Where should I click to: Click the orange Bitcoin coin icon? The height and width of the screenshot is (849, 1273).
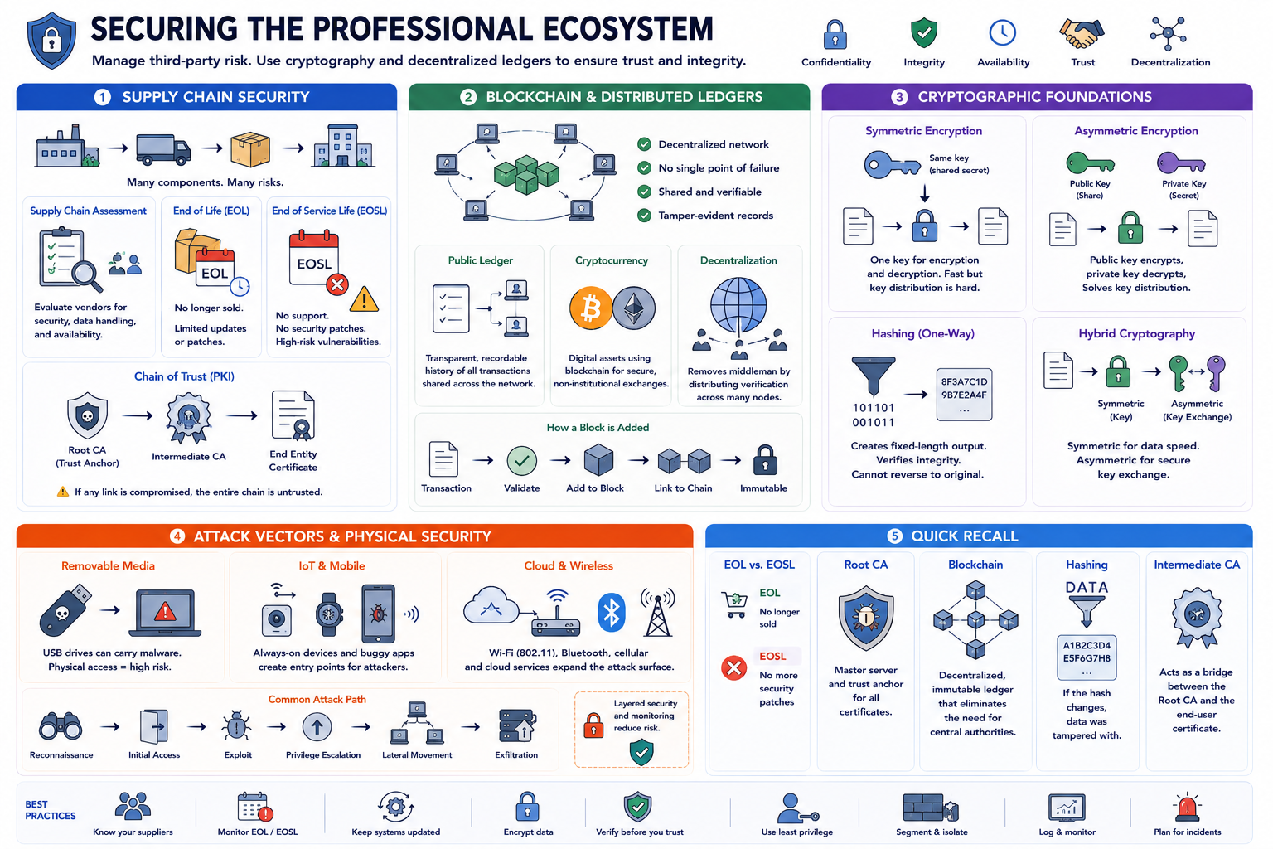(x=590, y=308)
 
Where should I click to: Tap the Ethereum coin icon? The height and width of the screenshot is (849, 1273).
(x=634, y=308)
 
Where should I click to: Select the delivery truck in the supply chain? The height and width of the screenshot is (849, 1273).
(x=163, y=149)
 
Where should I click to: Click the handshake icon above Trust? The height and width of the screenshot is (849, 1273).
(x=1082, y=33)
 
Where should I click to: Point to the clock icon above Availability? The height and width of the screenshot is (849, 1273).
(x=1003, y=32)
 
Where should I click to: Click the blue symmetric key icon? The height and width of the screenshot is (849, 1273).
(x=892, y=165)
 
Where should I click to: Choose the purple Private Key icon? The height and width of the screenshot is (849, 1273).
(x=1182, y=163)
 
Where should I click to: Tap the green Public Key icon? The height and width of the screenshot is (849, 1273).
(x=1090, y=163)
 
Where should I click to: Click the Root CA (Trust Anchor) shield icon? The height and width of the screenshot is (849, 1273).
(x=87, y=415)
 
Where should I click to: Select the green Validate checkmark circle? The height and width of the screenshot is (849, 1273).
(x=521, y=461)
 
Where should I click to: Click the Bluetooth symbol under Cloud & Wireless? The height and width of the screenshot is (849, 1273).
(x=612, y=613)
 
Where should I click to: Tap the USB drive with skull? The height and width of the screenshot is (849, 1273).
(x=65, y=610)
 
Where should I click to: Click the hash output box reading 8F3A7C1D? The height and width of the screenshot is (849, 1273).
(x=964, y=395)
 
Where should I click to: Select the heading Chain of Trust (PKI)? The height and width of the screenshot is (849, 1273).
(x=184, y=376)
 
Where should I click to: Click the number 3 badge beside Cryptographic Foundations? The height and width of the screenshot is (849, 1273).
(x=899, y=97)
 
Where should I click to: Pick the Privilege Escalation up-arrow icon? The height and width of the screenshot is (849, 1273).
(x=317, y=727)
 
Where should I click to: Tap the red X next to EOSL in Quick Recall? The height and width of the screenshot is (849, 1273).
(x=733, y=667)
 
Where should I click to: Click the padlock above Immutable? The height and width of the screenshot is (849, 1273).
(x=765, y=460)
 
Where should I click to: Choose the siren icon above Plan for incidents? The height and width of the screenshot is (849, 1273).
(x=1187, y=808)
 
